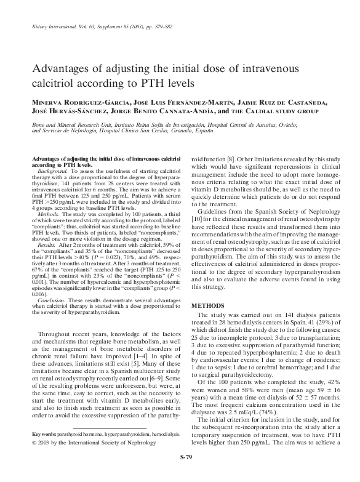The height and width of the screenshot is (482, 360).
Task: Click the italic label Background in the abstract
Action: coord(49,174)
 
